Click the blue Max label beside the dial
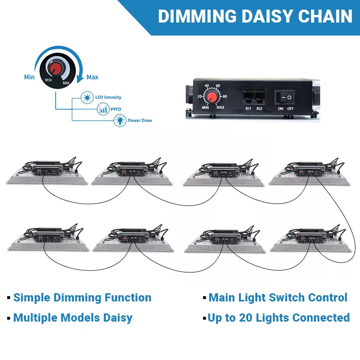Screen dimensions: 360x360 tap(92, 77)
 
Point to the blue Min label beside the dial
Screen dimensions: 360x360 tap(29, 77)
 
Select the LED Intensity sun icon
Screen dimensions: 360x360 tap(87, 97)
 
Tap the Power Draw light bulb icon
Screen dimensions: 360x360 tap(119, 121)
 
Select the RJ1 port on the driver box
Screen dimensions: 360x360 tap(249, 96)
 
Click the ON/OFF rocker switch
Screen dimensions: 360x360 tap(286, 97)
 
